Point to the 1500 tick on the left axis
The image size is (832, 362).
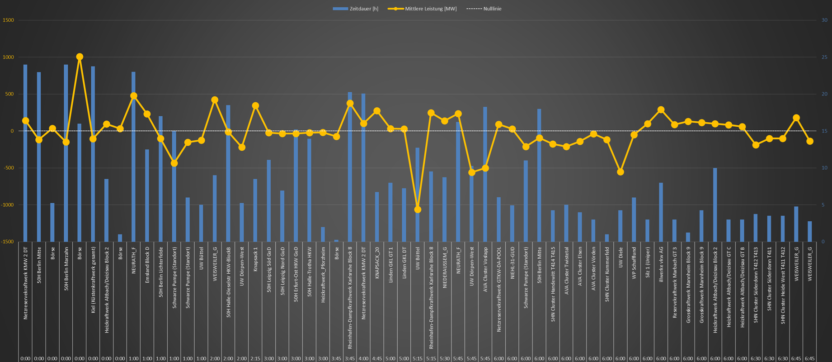(8, 20)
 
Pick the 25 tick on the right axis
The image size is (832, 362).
(824, 57)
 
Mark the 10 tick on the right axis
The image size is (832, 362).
(824, 168)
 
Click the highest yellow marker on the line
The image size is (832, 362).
(80, 57)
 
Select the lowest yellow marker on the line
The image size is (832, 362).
(418, 210)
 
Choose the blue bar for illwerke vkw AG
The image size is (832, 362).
(661, 212)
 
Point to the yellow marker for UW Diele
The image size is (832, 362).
(620, 172)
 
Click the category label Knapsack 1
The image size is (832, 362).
(255, 259)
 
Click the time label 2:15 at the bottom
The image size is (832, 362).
(255, 358)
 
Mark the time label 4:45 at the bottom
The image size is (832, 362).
(377, 358)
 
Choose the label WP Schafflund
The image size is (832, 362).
(634, 263)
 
